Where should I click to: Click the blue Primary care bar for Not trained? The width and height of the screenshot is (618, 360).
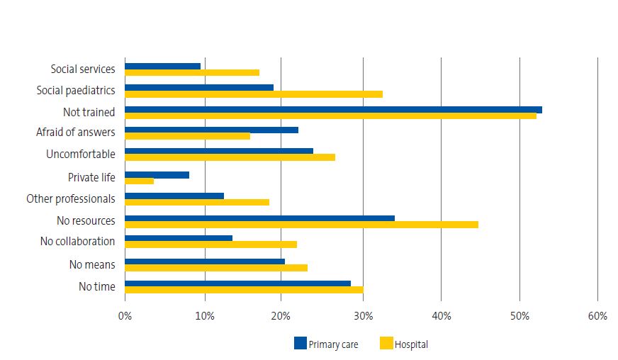coord(333,109)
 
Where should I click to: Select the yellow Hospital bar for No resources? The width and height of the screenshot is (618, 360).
coord(301,225)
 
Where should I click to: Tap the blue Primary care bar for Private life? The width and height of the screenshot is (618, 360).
coord(157,174)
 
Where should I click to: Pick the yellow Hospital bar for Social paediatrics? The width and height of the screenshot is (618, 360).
coord(253,94)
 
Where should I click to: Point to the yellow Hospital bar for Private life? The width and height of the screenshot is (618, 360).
coord(139,181)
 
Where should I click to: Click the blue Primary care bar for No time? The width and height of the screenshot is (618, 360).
coord(237,283)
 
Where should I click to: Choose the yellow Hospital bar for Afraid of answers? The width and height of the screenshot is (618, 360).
coord(187,136)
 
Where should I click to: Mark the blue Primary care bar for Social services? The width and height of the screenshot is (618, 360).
coord(162,66)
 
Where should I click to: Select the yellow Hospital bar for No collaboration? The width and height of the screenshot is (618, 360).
coord(210,244)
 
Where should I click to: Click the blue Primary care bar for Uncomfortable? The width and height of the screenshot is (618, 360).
coord(218,151)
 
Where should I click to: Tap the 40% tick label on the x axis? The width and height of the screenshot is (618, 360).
coord(441,316)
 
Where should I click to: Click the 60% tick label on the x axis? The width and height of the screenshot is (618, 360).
coord(597,316)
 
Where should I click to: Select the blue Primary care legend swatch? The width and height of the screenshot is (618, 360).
coord(300,344)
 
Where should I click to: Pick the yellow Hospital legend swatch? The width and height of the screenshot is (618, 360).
coord(386,344)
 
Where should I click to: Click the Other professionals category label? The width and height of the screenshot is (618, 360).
coord(70,198)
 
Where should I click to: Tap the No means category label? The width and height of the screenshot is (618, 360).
coord(91,265)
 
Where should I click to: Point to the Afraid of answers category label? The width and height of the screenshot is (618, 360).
coord(75,133)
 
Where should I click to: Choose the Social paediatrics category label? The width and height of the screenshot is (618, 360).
coord(75,90)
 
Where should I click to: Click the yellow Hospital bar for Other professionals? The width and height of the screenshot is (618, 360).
coord(196,202)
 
